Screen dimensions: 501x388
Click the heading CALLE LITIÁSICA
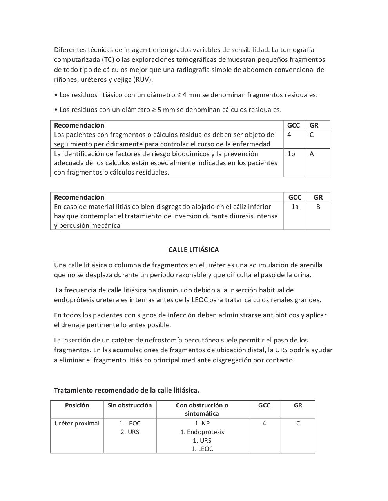click(x=194, y=250)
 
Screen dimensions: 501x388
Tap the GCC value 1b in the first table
click(x=291, y=154)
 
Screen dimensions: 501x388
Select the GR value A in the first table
click(x=312, y=154)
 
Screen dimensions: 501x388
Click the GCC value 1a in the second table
click(x=295, y=207)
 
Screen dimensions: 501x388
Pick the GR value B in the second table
click(x=318, y=207)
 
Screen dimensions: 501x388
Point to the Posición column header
click(x=77, y=405)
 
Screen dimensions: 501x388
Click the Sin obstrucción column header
click(x=130, y=405)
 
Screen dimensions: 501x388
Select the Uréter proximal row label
click(x=77, y=424)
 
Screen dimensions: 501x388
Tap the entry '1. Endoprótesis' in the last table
click(x=202, y=432)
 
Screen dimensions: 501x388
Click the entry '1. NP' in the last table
click(x=202, y=424)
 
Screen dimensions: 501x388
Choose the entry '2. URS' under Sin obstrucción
click(x=130, y=432)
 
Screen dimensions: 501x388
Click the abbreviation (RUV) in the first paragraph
click(x=143, y=80)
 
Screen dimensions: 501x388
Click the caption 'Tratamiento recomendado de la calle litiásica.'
click(x=127, y=390)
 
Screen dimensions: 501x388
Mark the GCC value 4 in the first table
click(x=289, y=135)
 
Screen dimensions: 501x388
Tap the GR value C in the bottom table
click(x=298, y=424)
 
